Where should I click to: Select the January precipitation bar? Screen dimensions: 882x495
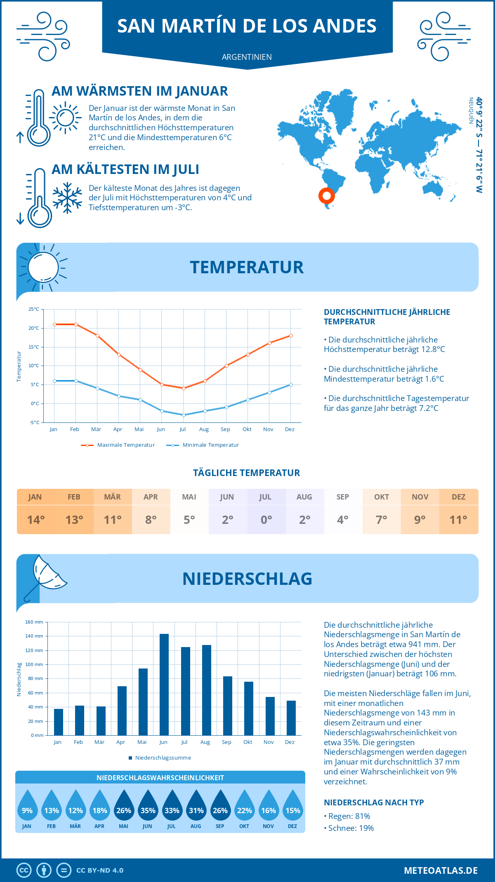tap(59, 722)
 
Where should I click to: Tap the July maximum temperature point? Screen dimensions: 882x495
tap(184, 388)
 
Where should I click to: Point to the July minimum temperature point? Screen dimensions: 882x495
tap(184, 415)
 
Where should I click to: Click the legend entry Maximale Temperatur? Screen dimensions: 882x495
tap(118, 445)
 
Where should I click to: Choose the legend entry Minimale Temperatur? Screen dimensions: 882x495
tap(203, 445)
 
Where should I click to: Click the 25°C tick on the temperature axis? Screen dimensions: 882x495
tap(34, 309)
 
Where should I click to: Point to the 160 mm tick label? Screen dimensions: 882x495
tap(35, 622)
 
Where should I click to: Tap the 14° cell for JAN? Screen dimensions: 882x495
tap(36, 520)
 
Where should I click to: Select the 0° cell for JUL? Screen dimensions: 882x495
tap(266, 520)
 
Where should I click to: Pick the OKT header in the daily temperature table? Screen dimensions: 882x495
tap(382, 497)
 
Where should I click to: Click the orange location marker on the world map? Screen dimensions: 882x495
tap(326, 195)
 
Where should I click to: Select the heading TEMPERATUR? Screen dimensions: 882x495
tap(247, 267)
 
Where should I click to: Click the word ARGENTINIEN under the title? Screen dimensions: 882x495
tap(247, 57)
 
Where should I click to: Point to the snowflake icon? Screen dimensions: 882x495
tap(67, 198)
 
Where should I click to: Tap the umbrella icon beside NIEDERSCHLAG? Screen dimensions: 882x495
tap(45, 575)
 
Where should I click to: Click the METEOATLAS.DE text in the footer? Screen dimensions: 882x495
tap(441, 870)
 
